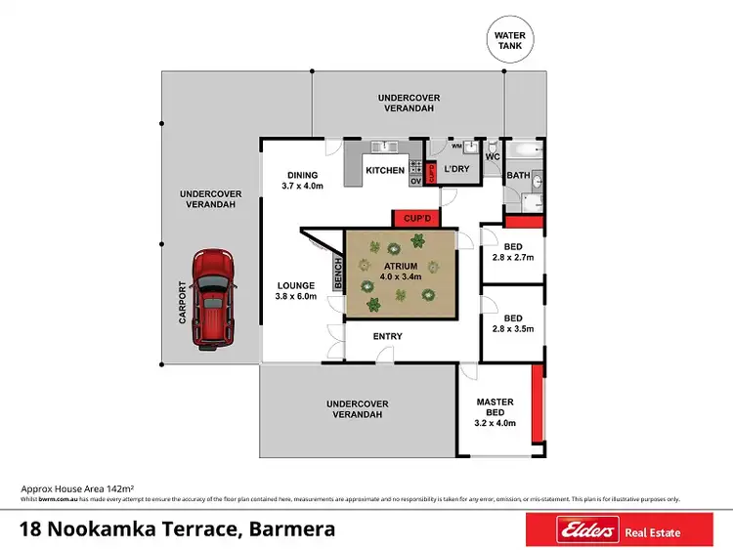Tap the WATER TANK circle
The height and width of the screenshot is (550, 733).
pyautogui.click(x=507, y=42)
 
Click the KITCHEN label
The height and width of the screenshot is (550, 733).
pyautogui.click(x=385, y=171)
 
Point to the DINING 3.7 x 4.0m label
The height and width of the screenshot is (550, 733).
pyautogui.click(x=301, y=180)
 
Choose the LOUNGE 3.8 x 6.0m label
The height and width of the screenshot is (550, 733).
pyautogui.click(x=296, y=290)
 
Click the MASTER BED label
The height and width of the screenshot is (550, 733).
pyautogui.click(x=495, y=408)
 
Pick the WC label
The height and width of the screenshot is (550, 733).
pyautogui.click(x=493, y=156)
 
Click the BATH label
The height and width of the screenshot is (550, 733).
pyautogui.click(x=518, y=177)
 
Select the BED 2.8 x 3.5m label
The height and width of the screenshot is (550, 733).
pyautogui.click(x=512, y=323)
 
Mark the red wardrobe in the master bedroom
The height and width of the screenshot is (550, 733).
pyautogui.click(x=536, y=402)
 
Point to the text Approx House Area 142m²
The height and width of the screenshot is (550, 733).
pyautogui.click(x=77, y=487)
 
